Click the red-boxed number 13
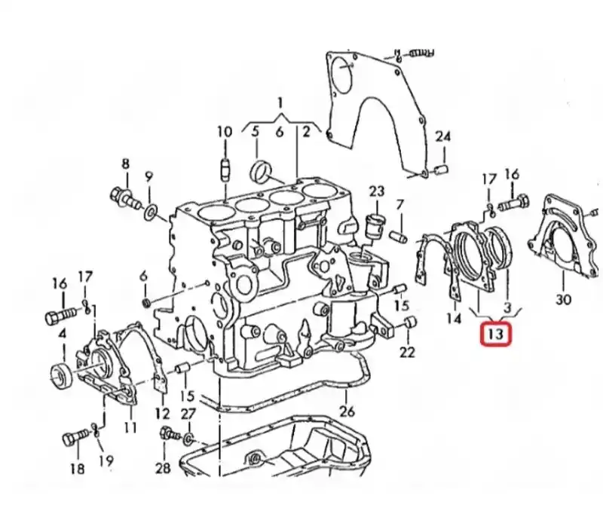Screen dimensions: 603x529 [x=496, y=334]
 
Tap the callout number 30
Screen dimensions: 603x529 [x=563, y=299]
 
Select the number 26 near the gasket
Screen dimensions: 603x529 [x=347, y=411]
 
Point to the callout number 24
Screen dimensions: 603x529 [x=442, y=136]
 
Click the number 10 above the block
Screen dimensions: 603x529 [x=225, y=132]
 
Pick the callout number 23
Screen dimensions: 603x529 [x=376, y=191]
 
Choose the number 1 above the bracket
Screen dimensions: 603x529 [x=280, y=103]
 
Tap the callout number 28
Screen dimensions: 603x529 [x=163, y=468]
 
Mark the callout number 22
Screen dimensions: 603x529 [x=407, y=352]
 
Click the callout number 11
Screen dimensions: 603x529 [x=130, y=427]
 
